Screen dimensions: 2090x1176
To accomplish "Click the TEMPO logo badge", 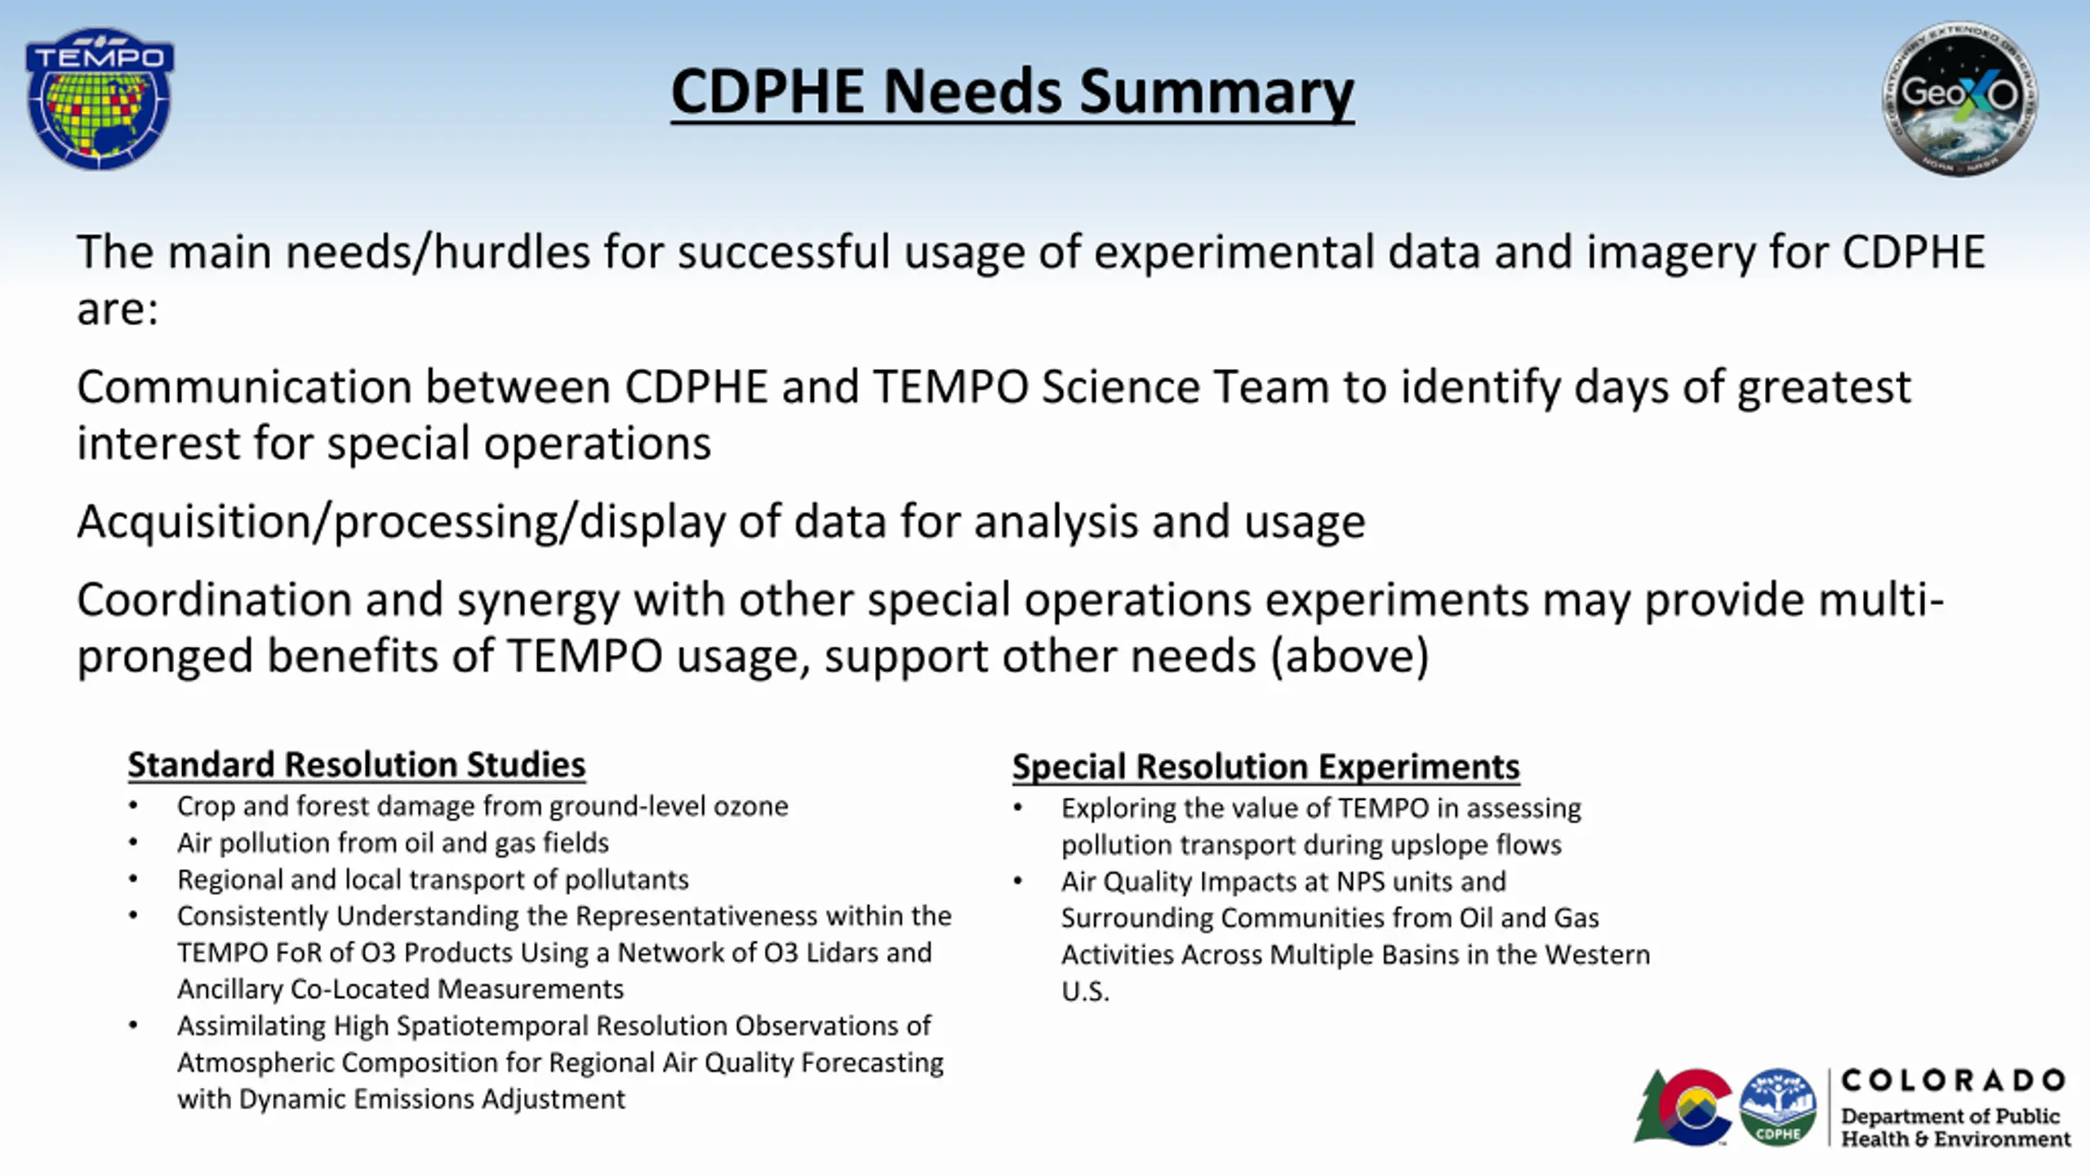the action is click(x=100, y=98).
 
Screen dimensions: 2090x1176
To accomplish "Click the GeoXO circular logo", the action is click(x=1959, y=99).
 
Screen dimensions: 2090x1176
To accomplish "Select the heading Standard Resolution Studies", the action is click(x=357, y=765).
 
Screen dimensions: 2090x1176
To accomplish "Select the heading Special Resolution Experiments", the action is click(x=1266, y=767).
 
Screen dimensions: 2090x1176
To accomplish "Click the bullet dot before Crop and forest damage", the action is click(x=133, y=807).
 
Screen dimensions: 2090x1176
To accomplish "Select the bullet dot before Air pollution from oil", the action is click(x=133, y=844).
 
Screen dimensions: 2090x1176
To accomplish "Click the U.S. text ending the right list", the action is click(x=1085, y=992).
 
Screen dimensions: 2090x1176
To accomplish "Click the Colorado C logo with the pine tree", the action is click(x=1683, y=1107).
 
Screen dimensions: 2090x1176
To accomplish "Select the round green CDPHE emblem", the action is click(x=1778, y=1107).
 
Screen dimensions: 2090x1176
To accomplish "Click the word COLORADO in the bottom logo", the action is click(x=1954, y=1080).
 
